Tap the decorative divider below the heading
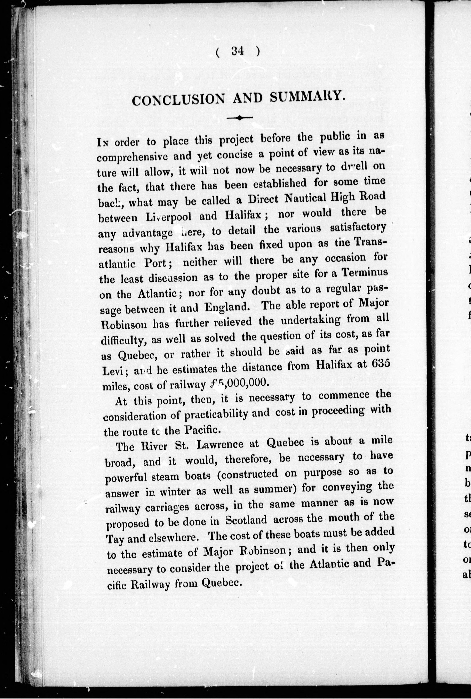click(x=240, y=118)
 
